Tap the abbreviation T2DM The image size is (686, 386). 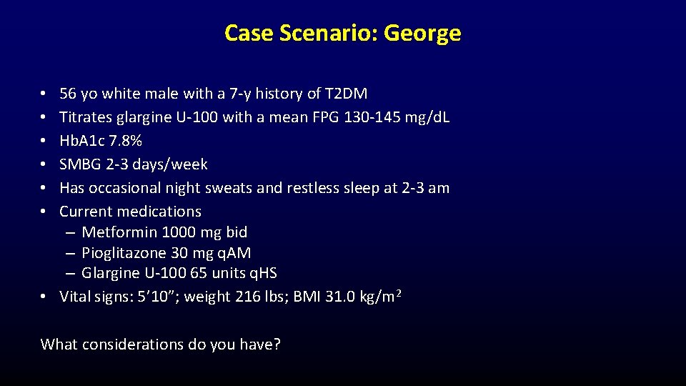pos(346,94)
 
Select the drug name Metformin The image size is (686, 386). pos(119,232)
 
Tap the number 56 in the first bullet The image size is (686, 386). pos(68,94)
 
